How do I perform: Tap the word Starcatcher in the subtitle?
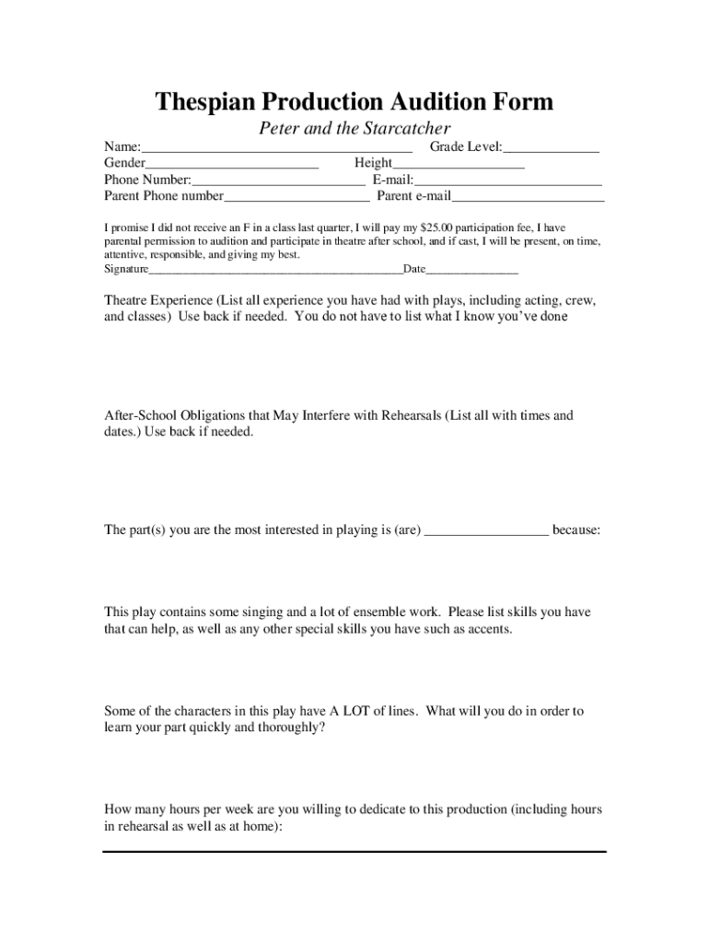[403, 128]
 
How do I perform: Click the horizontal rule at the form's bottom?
[354, 851]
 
